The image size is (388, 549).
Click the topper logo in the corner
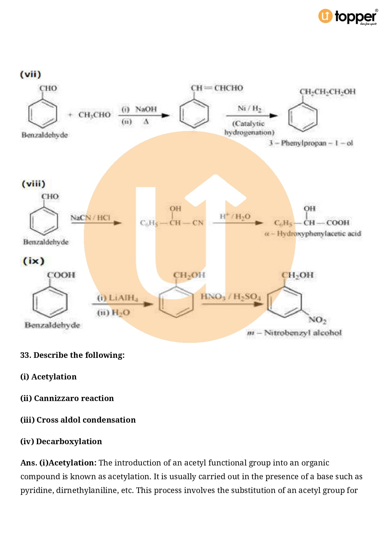[x=348, y=17]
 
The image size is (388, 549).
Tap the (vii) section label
[x=30, y=74]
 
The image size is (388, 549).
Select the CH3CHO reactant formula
[x=94, y=115]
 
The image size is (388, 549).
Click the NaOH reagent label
[x=146, y=109]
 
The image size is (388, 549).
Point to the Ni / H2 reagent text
[x=249, y=109]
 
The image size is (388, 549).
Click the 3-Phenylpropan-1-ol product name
[x=311, y=143]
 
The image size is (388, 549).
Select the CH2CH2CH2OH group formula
[x=327, y=92]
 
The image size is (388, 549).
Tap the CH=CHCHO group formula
[x=217, y=88]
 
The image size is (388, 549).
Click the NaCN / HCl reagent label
[x=90, y=218]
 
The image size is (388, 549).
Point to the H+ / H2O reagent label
[x=235, y=216]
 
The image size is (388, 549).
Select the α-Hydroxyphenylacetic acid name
[x=313, y=234]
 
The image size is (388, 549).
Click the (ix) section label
[x=33, y=261]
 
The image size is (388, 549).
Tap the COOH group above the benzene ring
[x=61, y=275]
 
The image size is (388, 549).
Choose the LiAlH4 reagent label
[x=118, y=298]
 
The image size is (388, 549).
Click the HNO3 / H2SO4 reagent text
[x=231, y=297]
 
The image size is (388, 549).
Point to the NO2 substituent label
[x=317, y=320]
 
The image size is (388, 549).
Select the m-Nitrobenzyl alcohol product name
[x=294, y=333]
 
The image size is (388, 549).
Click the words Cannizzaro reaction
[x=74, y=398]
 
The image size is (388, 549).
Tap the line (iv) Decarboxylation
[x=61, y=441]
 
